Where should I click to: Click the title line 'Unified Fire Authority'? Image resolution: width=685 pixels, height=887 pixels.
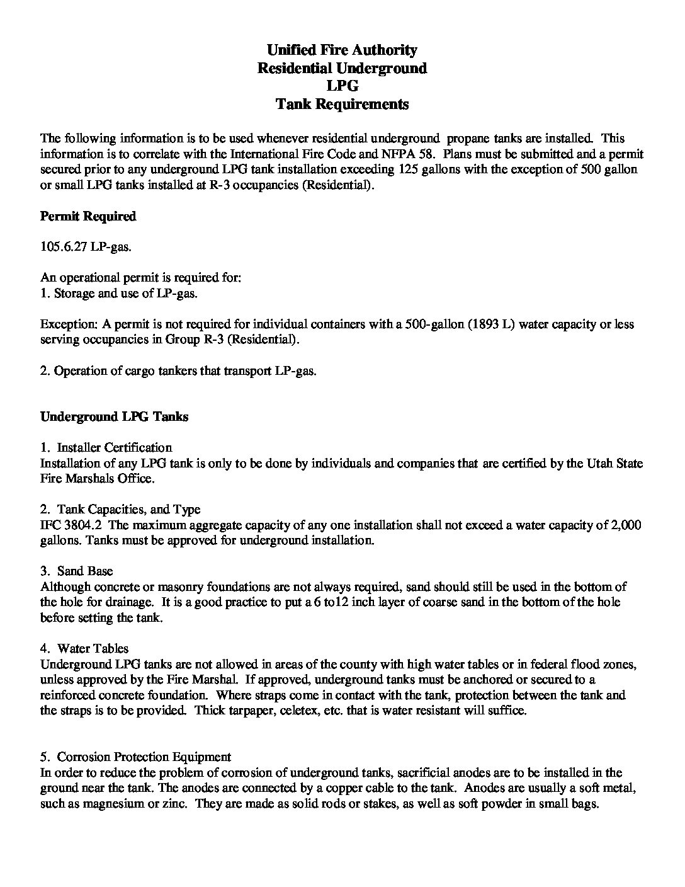click(342, 50)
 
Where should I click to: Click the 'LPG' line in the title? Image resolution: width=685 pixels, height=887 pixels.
click(342, 86)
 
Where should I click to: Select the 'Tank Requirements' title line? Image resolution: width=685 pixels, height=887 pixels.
click(342, 105)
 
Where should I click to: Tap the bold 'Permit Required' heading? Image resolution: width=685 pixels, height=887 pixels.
click(88, 217)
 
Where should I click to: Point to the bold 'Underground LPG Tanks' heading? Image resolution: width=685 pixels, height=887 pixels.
click(114, 417)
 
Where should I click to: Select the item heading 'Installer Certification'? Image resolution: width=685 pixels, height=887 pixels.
click(114, 448)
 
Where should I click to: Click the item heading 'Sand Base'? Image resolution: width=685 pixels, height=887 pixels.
click(85, 571)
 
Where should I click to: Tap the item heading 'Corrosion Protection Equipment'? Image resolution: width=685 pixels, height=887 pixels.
click(144, 757)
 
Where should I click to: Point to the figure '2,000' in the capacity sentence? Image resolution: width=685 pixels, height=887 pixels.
click(626, 525)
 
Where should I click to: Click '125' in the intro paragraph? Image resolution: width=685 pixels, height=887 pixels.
click(409, 169)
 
